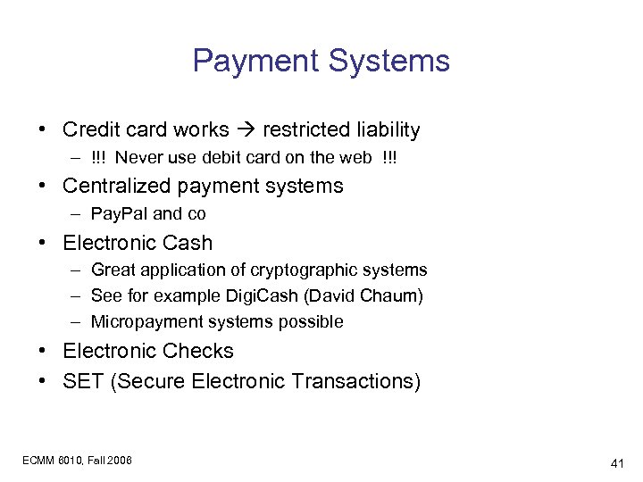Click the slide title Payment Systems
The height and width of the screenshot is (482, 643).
point(321,62)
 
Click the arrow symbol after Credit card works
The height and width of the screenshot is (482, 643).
point(246,130)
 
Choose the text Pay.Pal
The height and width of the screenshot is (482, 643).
point(120,213)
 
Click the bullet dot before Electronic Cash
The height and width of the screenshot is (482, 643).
point(43,243)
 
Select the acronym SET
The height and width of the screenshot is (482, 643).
point(82,381)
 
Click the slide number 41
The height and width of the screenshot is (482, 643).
point(616,463)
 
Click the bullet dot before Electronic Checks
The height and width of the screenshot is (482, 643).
point(43,352)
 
